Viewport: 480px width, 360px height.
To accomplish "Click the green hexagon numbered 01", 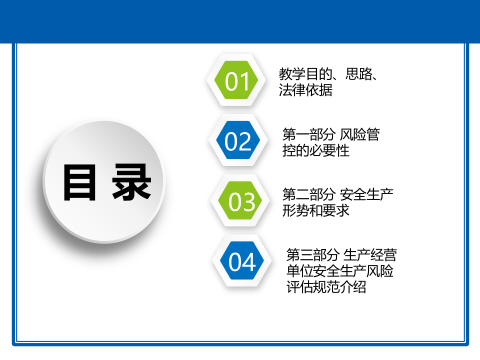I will pos(236,81).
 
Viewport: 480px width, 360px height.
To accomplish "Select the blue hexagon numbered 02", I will pos(238,141).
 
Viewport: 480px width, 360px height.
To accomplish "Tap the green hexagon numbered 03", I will pos(241,202).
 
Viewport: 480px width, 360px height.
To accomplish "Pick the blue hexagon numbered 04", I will pos(242,262).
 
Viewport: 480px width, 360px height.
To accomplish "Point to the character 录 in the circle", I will pos(131,182).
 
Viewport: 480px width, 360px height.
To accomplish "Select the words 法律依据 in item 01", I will pos(305,90).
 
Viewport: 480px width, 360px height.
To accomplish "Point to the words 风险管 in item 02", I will pos(359,134).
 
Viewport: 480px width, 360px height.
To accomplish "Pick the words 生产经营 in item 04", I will pos(370,255).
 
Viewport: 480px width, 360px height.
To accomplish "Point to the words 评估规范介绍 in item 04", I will pos(326,287).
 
